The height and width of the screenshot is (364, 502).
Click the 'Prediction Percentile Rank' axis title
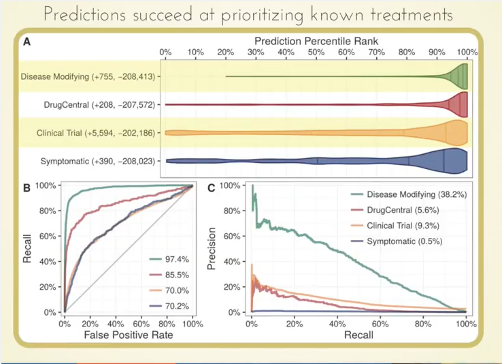[316, 41]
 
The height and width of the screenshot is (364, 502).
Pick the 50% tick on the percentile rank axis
[316, 52]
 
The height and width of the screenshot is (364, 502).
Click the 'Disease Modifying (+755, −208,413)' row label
[88, 76]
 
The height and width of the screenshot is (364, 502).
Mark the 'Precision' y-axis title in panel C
[216, 248]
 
